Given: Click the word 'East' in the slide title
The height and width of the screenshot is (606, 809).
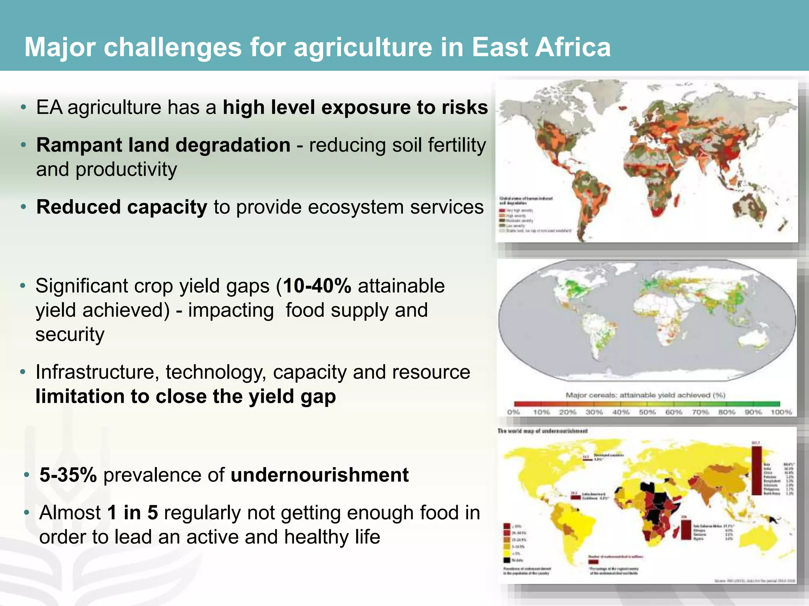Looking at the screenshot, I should click(499, 47).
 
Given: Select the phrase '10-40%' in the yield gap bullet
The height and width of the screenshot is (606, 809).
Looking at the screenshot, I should click(317, 286).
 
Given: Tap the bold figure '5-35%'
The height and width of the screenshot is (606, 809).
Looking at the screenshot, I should click(68, 475).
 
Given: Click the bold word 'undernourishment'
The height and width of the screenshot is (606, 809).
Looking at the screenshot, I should click(320, 475).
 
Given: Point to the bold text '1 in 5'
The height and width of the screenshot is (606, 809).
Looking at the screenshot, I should click(132, 513).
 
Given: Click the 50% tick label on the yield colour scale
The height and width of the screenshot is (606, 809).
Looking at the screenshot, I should click(647, 412).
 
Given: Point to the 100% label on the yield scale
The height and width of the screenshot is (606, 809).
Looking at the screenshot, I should click(781, 412).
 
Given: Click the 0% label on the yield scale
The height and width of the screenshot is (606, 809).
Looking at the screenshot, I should click(514, 412).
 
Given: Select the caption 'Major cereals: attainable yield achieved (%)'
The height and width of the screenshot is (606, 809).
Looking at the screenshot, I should click(645, 395).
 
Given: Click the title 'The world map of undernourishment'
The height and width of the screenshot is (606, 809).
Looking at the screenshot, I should click(542, 431).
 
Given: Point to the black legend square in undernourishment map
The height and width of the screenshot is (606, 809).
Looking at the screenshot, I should click(506, 560).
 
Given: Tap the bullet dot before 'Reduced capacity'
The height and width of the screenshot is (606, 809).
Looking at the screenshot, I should click(24, 207).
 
